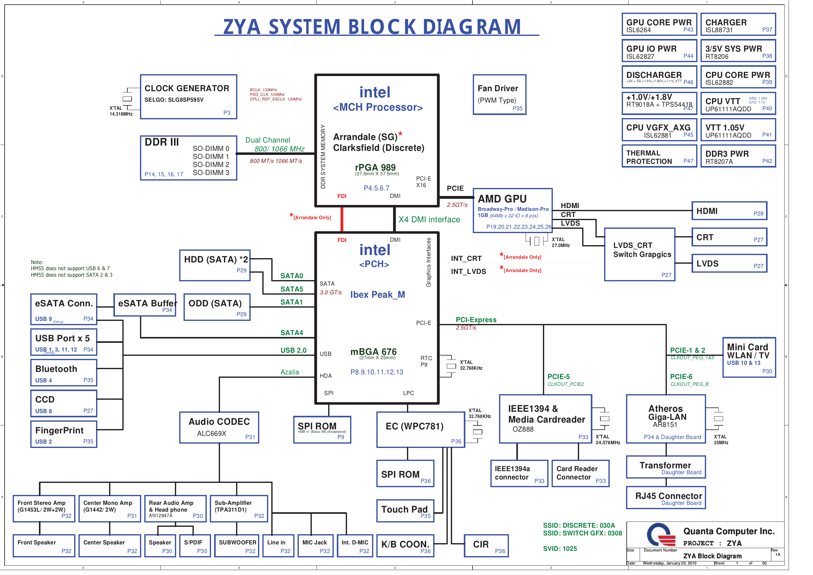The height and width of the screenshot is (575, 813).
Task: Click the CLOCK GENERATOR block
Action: pos(188,97)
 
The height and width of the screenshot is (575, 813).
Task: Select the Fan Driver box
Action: pos(499,95)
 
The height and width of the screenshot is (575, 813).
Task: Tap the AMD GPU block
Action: pos(512,211)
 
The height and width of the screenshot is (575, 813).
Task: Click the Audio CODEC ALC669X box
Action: pos(219,427)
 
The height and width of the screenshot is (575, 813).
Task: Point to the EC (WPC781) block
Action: pos(421,429)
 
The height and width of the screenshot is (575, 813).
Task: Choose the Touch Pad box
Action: pos(405,511)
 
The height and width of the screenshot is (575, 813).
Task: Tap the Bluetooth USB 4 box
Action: pos(64,373)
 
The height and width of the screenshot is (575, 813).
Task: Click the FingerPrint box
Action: pos(64,434)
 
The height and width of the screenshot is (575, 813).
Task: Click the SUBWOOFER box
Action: pos(237,546)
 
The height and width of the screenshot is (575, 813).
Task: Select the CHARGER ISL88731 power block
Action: pos(738,24)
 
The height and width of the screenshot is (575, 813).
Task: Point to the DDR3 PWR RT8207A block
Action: pos(738,156)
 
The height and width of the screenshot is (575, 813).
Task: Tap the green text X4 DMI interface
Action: pos(429,220)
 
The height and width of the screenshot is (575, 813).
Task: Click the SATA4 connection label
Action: pos(291,333)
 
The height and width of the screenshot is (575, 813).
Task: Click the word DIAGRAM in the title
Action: pos(472,27)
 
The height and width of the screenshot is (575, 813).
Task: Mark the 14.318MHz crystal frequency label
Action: pos(121,114)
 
